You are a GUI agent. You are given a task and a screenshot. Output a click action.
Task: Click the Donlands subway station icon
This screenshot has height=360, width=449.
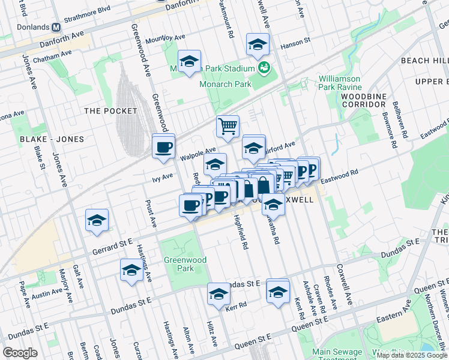point(56,27)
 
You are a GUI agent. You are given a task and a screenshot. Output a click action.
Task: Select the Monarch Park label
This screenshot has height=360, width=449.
point(225,84)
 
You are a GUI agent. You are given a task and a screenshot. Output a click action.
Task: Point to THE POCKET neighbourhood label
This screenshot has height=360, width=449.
point(109,110)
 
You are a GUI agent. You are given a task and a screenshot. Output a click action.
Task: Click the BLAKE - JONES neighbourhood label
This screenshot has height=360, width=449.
point(52,139)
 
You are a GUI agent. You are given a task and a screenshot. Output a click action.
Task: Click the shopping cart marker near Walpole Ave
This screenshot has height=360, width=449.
point(228,126)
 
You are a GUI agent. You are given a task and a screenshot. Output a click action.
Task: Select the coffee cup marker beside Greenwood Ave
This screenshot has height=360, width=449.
point(163,145)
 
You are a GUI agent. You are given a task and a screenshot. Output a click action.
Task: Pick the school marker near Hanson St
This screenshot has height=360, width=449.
point(258,44)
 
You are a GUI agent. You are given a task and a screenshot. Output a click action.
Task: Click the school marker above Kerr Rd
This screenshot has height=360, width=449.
point(219,293)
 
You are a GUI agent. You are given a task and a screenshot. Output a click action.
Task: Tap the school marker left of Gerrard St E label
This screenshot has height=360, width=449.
point(97,220)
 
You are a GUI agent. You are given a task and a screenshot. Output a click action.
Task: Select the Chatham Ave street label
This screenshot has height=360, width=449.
point(52,59)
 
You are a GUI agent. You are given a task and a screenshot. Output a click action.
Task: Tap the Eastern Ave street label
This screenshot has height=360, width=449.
point(392,311)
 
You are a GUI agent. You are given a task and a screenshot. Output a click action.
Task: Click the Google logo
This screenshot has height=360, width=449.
point(20,353)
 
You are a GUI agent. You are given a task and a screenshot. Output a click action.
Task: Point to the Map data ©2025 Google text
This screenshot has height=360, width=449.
point(412,355)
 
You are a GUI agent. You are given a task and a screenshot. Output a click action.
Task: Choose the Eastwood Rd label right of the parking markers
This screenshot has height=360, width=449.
point(339,176)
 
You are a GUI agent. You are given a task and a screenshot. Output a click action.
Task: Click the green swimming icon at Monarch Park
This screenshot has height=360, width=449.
point(263,68)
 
